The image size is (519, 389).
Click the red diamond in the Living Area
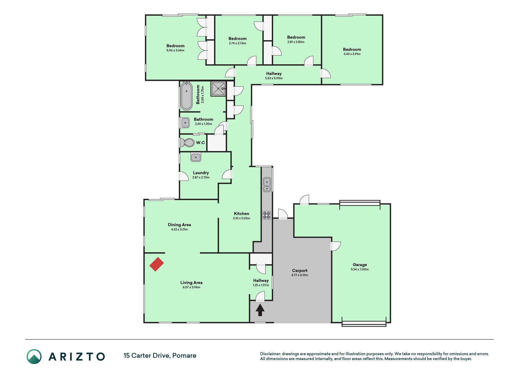[x=157, y=264]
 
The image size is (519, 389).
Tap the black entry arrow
[x=260, y=310]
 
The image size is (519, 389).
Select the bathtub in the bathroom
[x=186, y=96]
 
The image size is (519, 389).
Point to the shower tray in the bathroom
[x=218, y=89]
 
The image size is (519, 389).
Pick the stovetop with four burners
[x=267, y=215]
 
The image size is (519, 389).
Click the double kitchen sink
[x=267, y=185]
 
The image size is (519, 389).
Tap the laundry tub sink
[x=196, y=157]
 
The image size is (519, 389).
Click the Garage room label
[x=360, y=265]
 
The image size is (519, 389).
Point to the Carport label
[x=300, y=270]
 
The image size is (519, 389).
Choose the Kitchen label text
[x=241, y=214]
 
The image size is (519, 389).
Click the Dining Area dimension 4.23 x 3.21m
[x=179, y=229]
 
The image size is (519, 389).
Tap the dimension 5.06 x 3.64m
[x=175, y=50]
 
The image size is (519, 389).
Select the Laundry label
[x=201, y=173]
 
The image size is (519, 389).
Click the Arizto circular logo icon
[x=34, y=356]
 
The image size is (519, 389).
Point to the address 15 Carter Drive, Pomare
[x=160, y=356]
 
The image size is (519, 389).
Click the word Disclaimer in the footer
[x=270, y=354]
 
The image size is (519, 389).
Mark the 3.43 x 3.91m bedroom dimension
[x=352, y=54]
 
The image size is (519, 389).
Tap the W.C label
[x=200, y=143]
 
